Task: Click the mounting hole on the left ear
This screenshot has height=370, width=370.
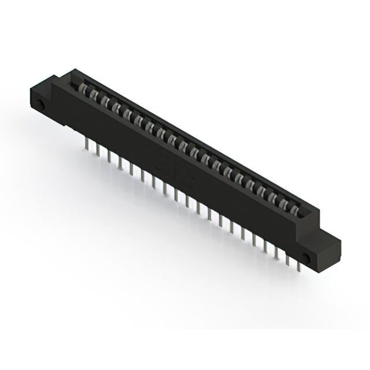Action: [42, 105]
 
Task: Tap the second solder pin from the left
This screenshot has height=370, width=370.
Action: [98, 151]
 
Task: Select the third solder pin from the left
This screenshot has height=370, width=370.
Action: [109, 158]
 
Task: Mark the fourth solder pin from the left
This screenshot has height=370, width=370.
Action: [120, 164]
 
